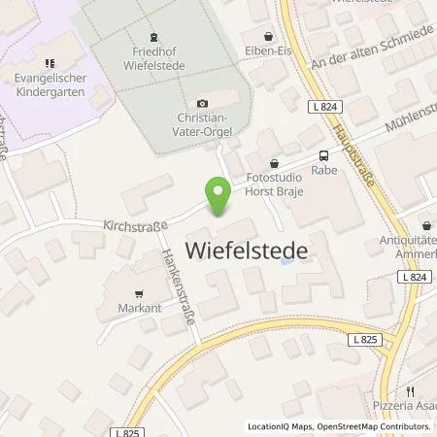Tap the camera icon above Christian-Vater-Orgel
coord(202,104)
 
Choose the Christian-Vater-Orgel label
coord(202,123)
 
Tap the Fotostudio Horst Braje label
coord(276,185)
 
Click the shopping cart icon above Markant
coord(139,289)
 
